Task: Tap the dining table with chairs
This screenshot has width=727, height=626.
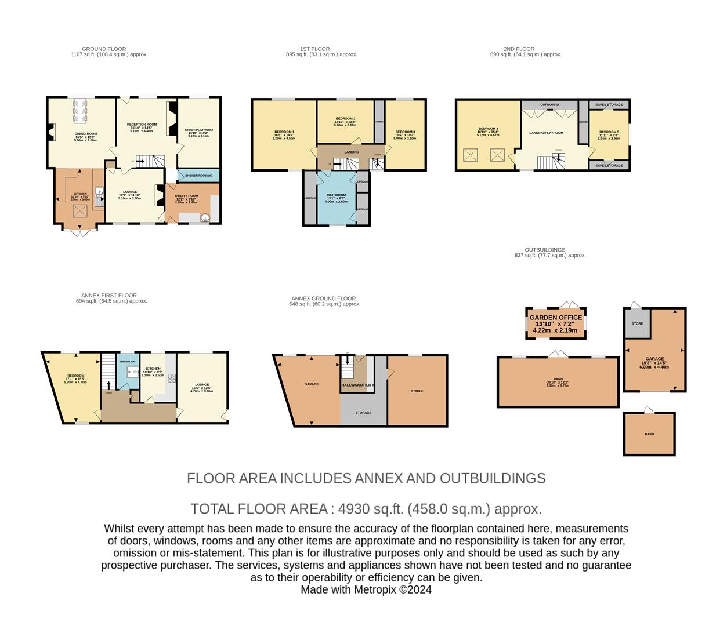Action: (81, 110)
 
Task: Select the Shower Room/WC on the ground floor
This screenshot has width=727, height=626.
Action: (198, 176)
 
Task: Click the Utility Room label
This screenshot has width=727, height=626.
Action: (186, 196)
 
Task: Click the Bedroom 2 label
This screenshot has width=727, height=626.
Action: (345, 119)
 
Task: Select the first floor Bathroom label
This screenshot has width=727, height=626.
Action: (336, 195)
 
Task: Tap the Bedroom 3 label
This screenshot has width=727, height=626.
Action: (405, 132)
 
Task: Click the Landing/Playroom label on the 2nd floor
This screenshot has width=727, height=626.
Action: (546, 133)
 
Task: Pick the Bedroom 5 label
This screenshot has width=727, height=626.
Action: (609, 132)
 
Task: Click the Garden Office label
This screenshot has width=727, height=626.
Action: (555, 318)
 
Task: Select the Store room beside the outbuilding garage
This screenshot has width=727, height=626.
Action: (637, 323)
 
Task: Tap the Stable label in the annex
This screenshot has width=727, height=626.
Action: (417, 391)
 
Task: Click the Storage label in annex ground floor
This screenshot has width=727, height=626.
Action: (363, 413)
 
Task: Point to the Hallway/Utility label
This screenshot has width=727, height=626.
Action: (357, 385)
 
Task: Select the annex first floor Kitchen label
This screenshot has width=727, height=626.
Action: (153, 369)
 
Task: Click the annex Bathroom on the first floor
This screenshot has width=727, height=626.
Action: (127, 371)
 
